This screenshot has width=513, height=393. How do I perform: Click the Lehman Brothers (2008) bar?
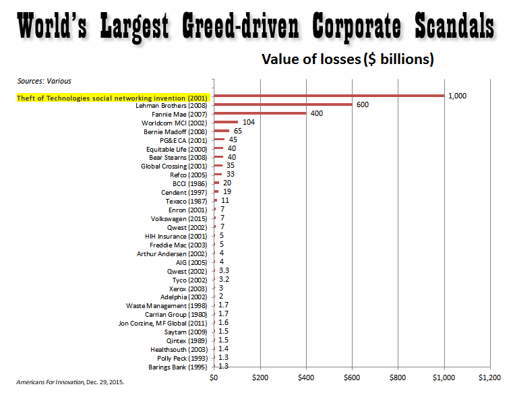tap(282, 104)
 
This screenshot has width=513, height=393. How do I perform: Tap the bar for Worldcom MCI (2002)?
tap(226, 122)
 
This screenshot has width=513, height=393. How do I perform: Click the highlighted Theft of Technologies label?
tap(113, 98)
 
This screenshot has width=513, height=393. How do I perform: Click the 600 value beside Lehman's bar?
tap(363, 104)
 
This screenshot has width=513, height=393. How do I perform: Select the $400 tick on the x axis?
tap(306, 377)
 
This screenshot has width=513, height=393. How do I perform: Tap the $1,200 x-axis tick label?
tap(489, 377)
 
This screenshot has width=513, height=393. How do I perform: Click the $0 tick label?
tap(214, 377)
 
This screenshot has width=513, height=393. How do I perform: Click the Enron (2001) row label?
tap(191, 210)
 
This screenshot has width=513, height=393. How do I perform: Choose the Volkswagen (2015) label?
tap(180, 218)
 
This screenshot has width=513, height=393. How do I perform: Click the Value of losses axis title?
tap(347, 60)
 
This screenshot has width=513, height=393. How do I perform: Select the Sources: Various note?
tap(44, 81)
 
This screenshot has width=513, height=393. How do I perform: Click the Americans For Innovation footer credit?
tap(71, 382)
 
